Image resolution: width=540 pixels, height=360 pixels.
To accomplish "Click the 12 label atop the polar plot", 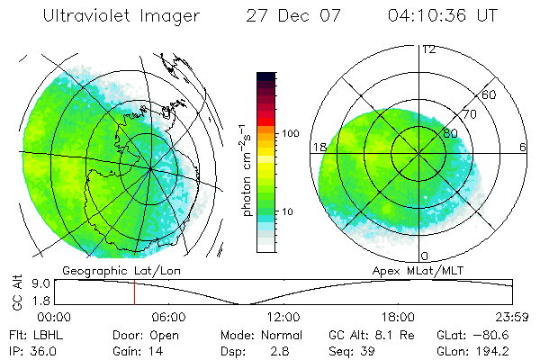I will pos(428,49).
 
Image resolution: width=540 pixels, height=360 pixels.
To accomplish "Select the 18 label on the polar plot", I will pos(319,147).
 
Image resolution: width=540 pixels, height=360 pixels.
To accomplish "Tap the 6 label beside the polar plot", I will pos(523,147).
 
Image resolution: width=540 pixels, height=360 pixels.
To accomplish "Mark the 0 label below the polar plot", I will pos(426,256).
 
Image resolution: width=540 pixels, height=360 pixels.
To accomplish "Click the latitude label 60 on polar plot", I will pos(490,94).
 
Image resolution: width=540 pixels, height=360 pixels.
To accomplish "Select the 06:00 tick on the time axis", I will pos(168,317).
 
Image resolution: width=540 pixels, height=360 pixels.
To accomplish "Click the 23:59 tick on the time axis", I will pos(510,317).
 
